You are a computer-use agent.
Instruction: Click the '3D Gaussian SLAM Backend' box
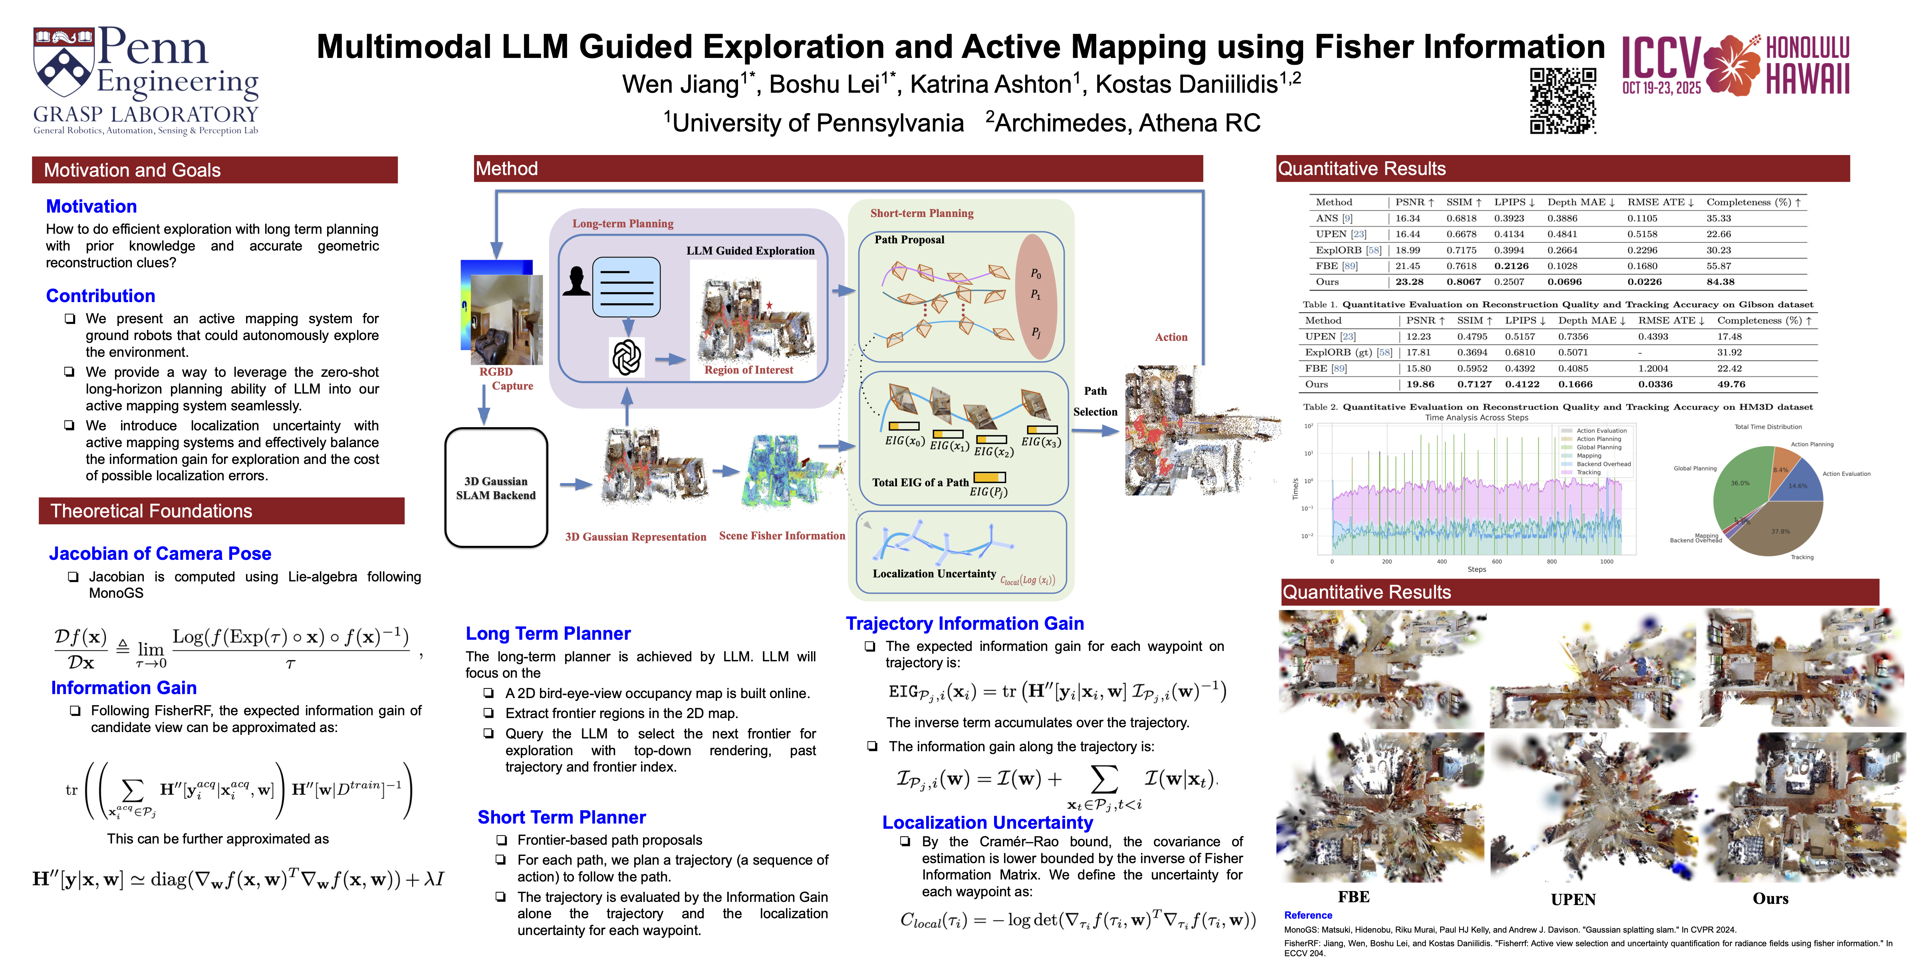(496, 487)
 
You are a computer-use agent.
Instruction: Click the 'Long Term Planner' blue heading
(548, 634)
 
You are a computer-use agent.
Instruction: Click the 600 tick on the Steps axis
(1496, 561)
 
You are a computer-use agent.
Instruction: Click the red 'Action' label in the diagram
(1171, 337)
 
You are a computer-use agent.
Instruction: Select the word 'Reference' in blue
(1308, 915)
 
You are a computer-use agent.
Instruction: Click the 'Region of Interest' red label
(749, 370)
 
